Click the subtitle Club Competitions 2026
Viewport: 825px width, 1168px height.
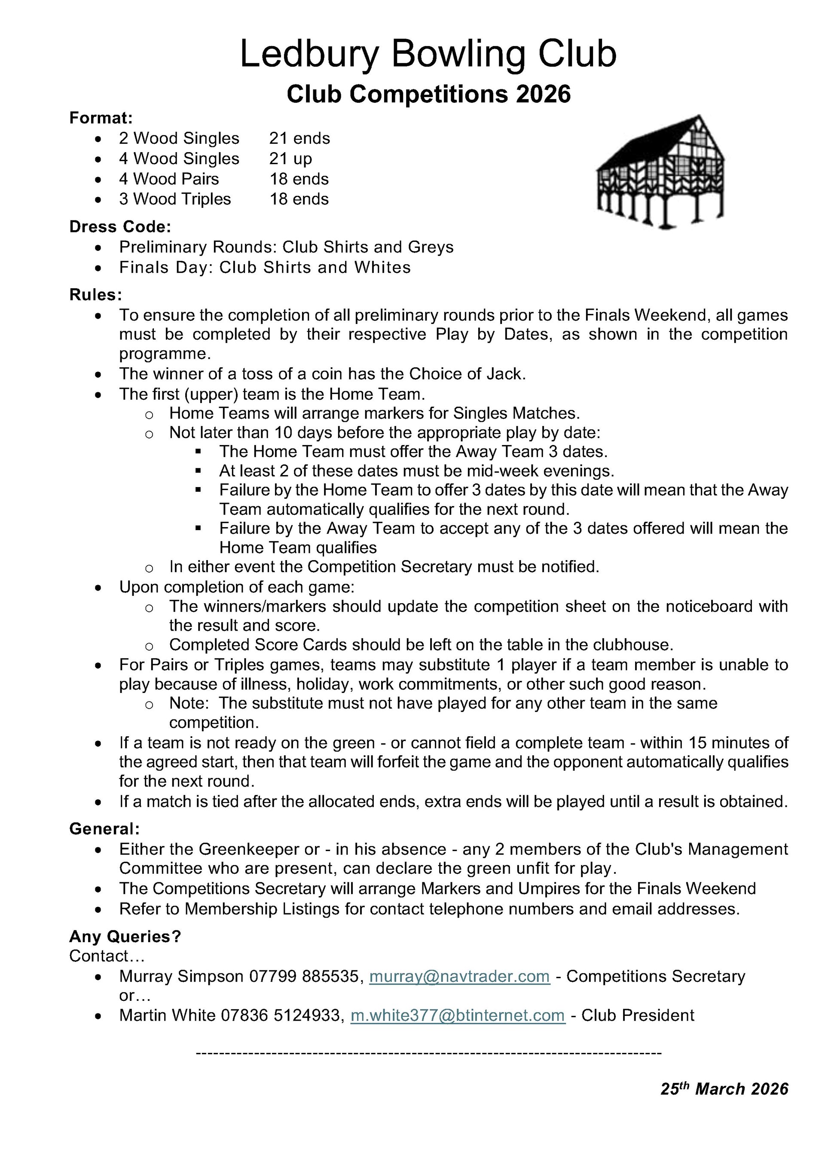(x=428, y=94)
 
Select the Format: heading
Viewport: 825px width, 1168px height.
(x=101, y=118)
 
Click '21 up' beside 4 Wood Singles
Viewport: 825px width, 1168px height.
(x=290, y=159)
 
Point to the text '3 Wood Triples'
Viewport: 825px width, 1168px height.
(x=174, y=199)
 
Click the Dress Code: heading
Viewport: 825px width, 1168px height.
(x=120, y=226)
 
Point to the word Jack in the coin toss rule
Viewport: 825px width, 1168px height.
(x=505, y=374)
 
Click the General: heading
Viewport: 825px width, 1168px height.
(x=104, y=829)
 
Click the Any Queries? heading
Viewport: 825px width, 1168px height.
(x=125, y=936)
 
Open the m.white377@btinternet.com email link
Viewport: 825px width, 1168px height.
(x=458, y=1015)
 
